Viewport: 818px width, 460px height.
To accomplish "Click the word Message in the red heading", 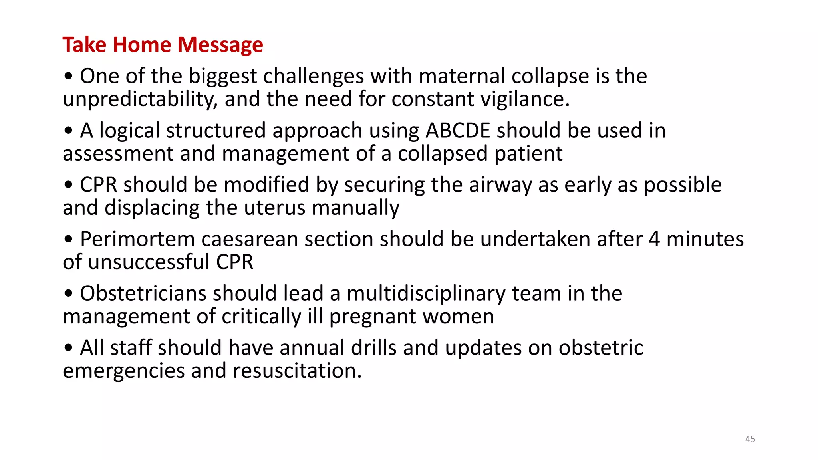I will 220,45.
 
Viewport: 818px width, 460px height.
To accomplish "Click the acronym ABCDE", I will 458,131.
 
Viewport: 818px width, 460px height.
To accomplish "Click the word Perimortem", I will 137,239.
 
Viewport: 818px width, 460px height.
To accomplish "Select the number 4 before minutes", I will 654,239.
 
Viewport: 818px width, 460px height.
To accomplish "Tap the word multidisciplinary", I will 426,294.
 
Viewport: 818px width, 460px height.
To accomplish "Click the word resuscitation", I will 297,371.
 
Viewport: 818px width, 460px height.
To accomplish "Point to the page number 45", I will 750,439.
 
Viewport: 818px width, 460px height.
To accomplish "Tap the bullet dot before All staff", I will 69,348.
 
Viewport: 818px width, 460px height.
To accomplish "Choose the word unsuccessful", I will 149,262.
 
